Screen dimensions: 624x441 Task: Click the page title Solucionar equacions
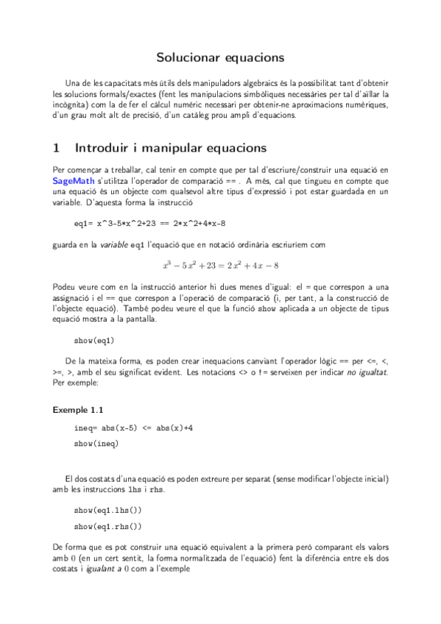(220, 57)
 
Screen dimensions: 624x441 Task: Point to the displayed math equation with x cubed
(220, 265)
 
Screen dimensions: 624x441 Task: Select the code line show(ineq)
(96, 444)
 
